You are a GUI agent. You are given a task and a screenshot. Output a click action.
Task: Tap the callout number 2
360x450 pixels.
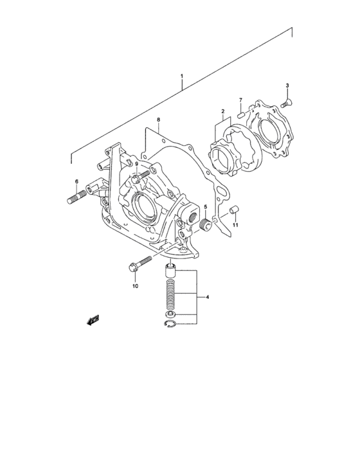(x=223, y=111)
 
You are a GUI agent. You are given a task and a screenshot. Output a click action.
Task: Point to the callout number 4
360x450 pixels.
(x=207, y=298)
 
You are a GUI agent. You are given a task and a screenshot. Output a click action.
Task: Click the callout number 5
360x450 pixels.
(x=205, y=207)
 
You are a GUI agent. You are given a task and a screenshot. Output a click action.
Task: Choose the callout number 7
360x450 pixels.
(x=241, y=100)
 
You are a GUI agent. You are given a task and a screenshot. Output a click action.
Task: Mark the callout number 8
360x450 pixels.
(x=158, y=120)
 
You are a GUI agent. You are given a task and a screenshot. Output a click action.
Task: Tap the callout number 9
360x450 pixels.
(x=136, y=164)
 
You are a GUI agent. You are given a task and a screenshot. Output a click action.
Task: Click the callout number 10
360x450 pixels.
(x=135, y=286)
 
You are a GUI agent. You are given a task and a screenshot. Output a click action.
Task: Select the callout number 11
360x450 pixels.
(x=235, y=226)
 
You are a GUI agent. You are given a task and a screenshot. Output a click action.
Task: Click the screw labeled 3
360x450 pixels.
(x=287, y=100)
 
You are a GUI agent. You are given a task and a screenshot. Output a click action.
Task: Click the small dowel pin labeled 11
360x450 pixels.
(x=235, y=210)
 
